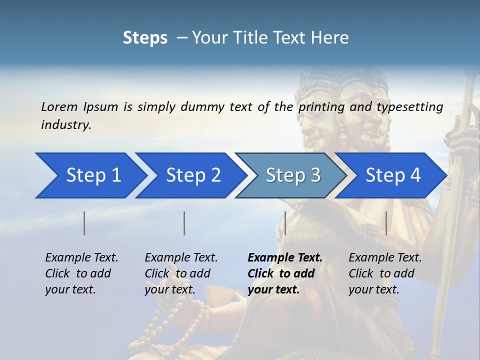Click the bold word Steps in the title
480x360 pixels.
[145, 37]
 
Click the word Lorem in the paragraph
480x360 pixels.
[59, 106]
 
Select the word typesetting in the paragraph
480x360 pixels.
[409, 106]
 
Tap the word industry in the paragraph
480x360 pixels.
[66, 124]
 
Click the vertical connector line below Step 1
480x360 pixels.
[84, 223]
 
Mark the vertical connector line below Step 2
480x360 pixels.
[184, 223]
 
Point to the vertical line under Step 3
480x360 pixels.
[285, 223]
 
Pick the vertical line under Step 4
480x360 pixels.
[386, 223]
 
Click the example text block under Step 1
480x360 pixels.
[81, 273]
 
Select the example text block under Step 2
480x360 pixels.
[181, 273]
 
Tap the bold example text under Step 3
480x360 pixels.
[285, 273]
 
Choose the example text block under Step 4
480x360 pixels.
[385, 273]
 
